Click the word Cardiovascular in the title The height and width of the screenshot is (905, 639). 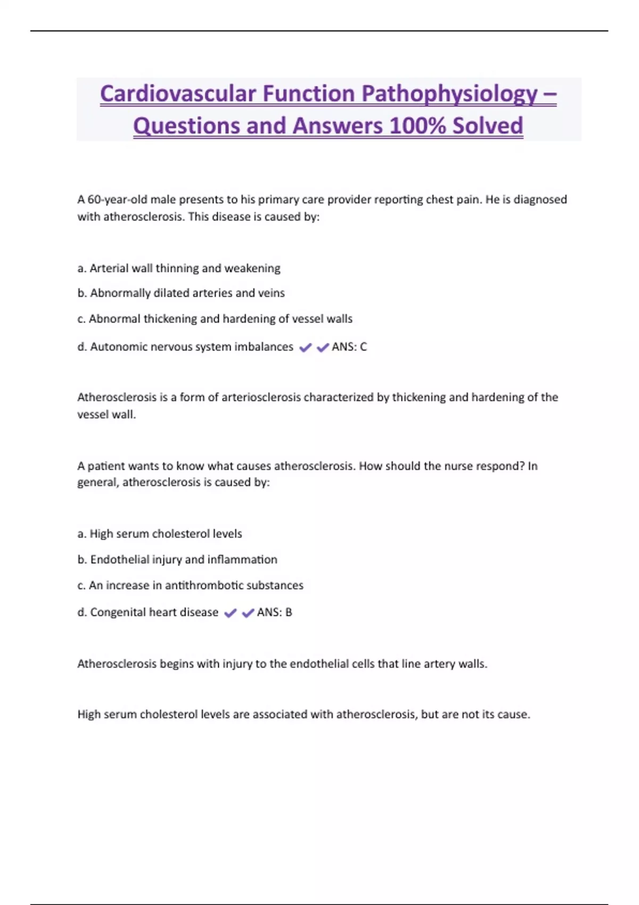[178, 94]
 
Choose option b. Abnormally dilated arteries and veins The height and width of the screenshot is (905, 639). [181, 293]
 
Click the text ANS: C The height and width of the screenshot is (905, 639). [349, 347]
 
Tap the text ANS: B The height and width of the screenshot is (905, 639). [274, 612]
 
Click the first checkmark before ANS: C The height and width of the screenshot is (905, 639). [305, 348]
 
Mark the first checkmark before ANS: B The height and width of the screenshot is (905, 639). [230, 613]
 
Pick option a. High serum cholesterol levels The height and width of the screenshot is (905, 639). [160, 533]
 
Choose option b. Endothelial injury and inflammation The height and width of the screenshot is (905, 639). [177, 560]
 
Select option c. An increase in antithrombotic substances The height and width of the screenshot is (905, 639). [190, 586]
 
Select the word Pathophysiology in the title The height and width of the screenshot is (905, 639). [450, 94]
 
